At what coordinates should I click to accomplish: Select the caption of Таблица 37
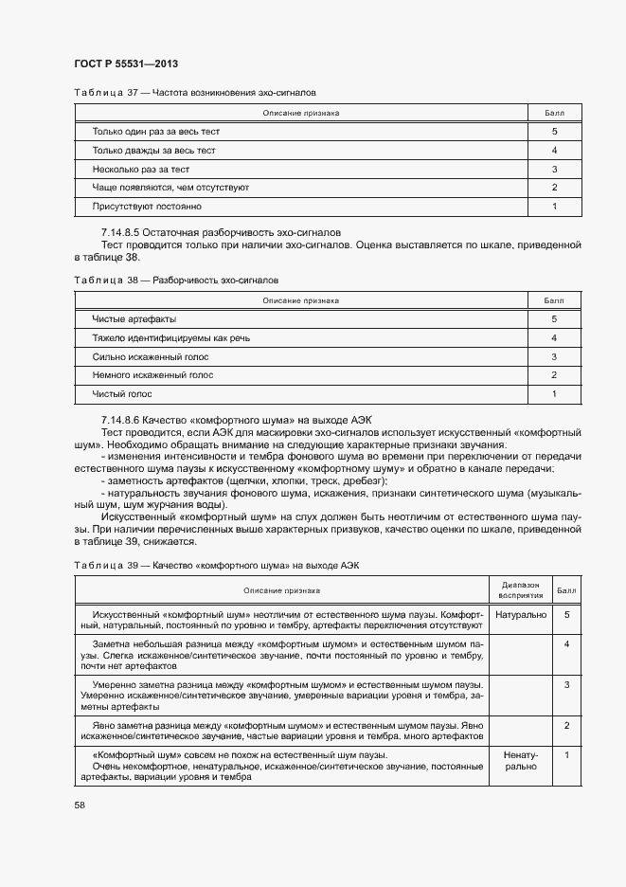(194, 93)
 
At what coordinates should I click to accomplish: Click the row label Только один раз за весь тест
(155, 132)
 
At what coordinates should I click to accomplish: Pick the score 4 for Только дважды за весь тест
(553, 151)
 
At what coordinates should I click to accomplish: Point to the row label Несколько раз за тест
(140, 169)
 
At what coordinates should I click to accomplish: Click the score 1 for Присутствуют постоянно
(553, 206)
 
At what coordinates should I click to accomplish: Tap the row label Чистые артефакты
(134, 319)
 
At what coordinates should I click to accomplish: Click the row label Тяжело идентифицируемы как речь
(170, 337)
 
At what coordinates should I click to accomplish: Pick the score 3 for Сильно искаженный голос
(553, 356)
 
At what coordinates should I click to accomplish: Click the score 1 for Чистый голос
(553, 393)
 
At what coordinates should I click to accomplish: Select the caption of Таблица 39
(216, 565)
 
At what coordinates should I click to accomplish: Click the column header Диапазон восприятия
(520, 590)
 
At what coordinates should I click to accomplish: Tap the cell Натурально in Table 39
(520, 615)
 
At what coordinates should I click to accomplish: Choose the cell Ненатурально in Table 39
(520, 761)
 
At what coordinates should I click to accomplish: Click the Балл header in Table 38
(553, 300)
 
